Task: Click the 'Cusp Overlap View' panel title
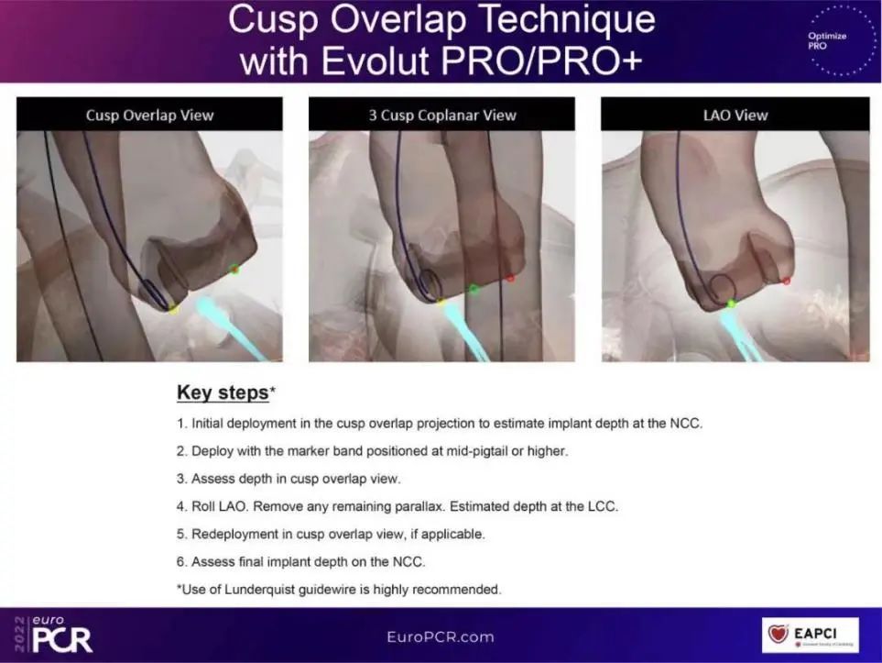click(149, 115)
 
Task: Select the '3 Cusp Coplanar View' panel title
click(442, 115)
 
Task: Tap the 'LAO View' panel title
click(735, 115)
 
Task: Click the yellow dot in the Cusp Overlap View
click(174, 308)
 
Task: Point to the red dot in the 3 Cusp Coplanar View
click(510, 278)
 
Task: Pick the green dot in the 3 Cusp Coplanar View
click(474, 289)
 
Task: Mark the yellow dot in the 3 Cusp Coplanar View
click(441, 303)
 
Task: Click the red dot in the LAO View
click(787, 280)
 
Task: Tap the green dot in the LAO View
click(731, 304)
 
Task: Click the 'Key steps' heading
click(223, 392)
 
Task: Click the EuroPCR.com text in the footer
click(441, 637)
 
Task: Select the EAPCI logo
click(810, 635)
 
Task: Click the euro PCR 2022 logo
click(54, 634)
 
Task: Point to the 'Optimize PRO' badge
click(841, 40)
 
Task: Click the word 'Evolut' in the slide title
click(376, 60)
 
